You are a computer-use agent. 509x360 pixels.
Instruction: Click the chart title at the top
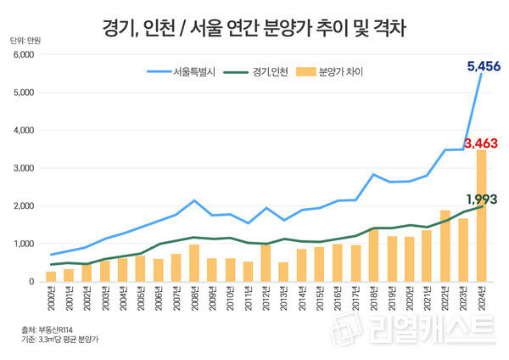pos(255,28)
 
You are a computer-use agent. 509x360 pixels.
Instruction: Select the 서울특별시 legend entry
pos(190,72)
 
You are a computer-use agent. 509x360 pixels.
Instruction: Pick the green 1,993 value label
pos(481,199)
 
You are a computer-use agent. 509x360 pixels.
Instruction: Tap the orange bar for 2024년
pos(481,216)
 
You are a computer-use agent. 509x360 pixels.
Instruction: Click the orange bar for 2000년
pos(51,276)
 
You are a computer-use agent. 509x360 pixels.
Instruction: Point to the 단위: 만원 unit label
pos(25,40)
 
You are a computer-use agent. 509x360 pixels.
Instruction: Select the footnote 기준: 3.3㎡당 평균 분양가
pos(59,340)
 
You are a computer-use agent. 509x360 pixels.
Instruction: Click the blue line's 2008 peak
pos(194,200)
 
